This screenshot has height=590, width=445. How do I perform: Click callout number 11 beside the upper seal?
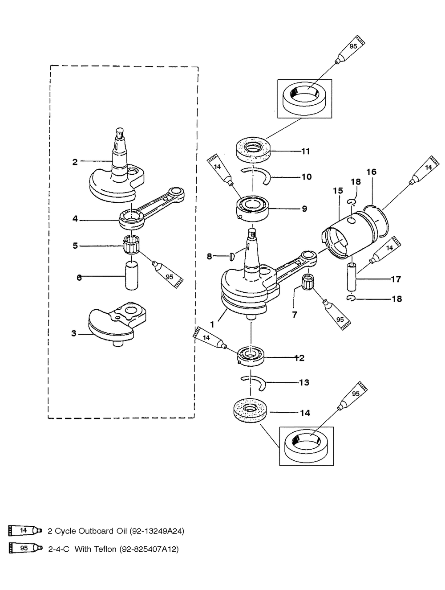pos(305,151)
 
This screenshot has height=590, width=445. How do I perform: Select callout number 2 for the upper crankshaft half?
pos(75,162)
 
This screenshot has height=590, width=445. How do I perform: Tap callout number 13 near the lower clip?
pos(304,382)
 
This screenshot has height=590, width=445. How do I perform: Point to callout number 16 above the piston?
pos(371,172)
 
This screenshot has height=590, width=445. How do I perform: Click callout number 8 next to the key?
pos(210,256)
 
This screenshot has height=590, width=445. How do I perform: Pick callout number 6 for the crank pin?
pos(79,278)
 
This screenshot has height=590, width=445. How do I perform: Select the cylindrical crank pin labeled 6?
pos(131,276)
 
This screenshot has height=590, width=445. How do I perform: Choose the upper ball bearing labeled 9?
pos(251,208)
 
